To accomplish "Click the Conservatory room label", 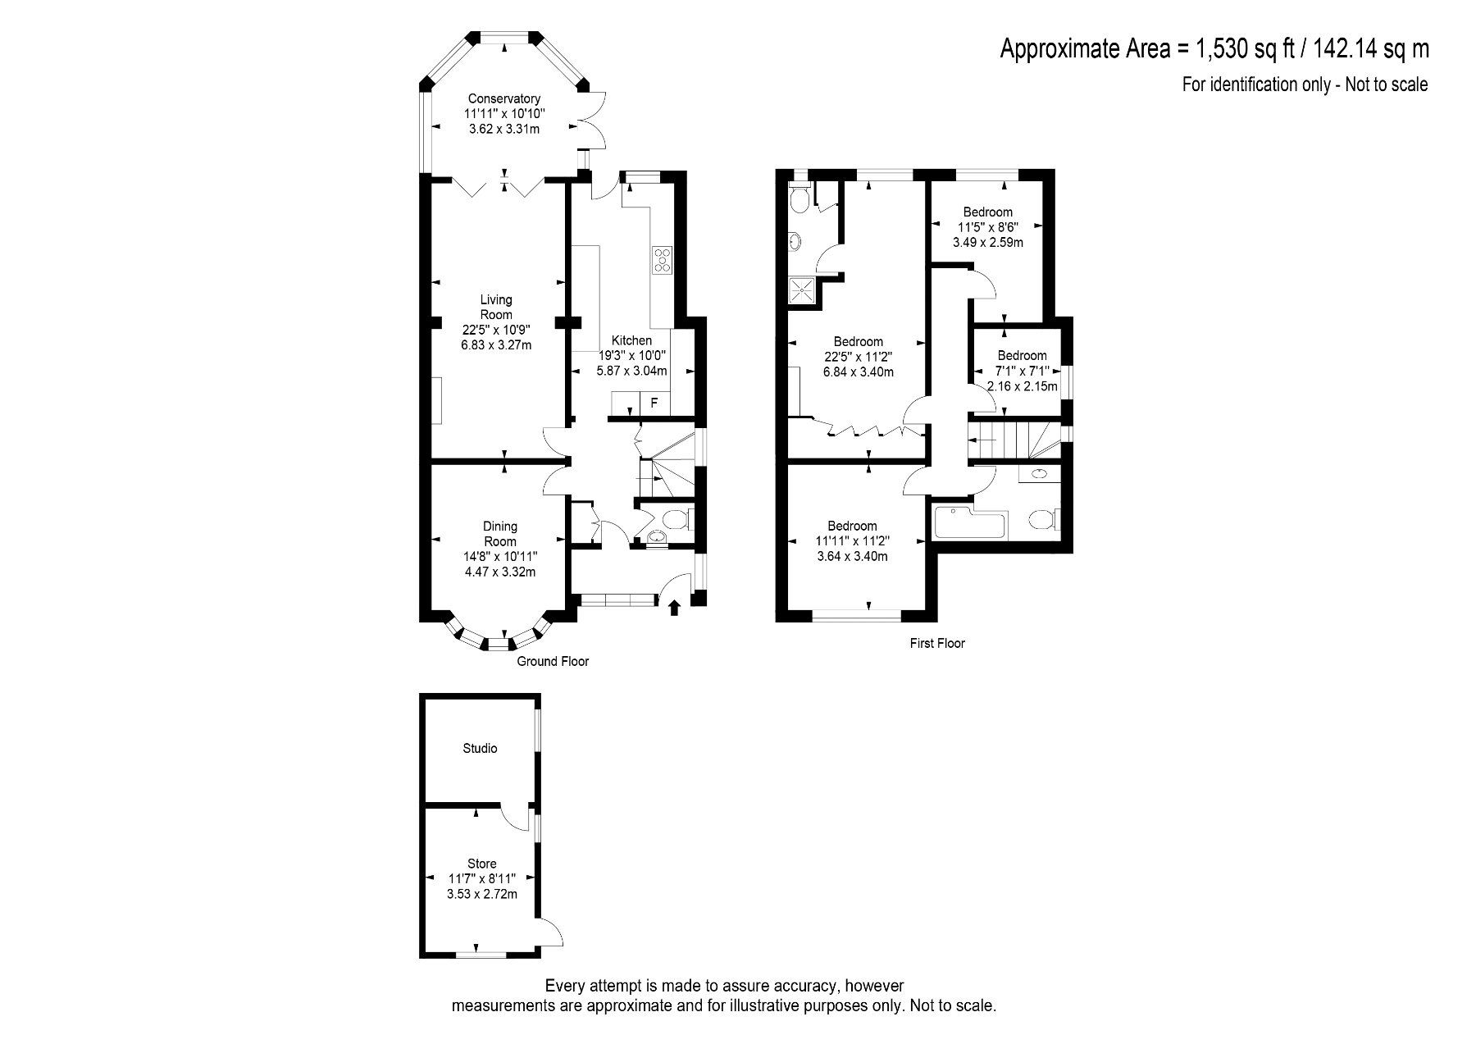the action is point(504,99).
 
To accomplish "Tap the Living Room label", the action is point(496,307).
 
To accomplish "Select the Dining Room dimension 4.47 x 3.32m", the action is point(500,572).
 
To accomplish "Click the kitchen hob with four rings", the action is point(662,260).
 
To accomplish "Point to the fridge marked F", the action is point(654,403).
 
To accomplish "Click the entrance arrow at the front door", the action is point(675,608).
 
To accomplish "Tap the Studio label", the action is point(480,749).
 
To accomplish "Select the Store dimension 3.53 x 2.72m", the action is point(482,894).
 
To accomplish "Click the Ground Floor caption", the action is point(553,661).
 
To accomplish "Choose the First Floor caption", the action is point(937,644).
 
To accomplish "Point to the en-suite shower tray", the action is point(803,289).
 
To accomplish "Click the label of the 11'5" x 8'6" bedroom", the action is point(988,212).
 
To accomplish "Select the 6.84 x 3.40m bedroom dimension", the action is point(859,372).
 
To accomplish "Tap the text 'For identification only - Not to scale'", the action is point(1305,84).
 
